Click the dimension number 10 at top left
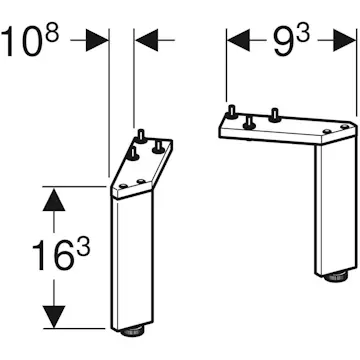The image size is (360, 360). point(22,42)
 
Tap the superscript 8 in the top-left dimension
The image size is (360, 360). point(52,33)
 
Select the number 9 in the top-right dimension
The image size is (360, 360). point(283,42)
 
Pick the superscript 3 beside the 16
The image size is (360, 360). point(83,247)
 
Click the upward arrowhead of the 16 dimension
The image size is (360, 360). point(54,199)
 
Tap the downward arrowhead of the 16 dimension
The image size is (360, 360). point(54,316)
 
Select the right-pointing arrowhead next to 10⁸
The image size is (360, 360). point(97,40)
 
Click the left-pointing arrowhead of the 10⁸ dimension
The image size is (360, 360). point(147,40)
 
